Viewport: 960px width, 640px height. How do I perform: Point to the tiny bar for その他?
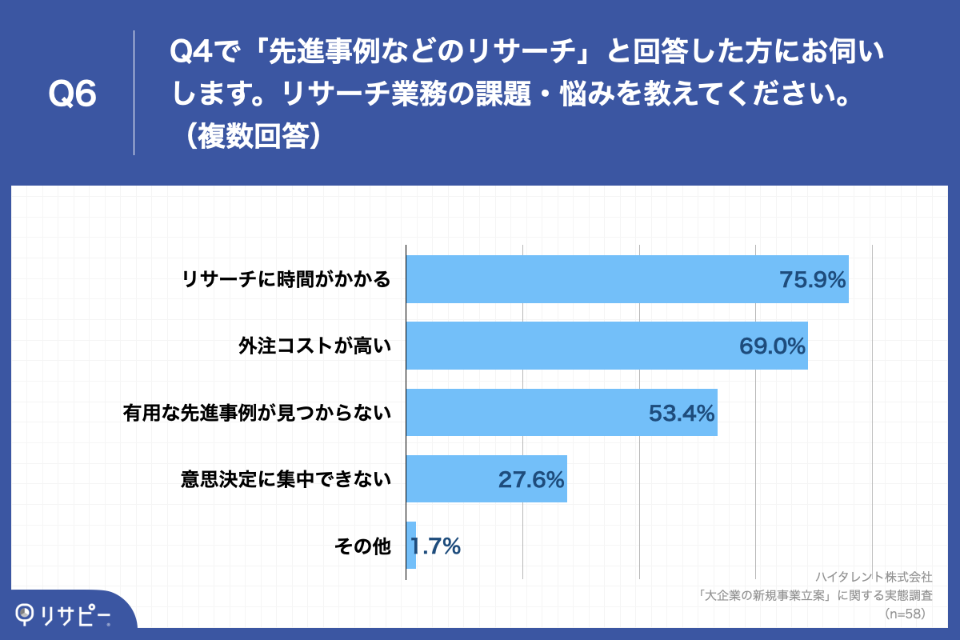[x=411, y=546]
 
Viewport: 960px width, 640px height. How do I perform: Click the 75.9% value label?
[x=812, y=280]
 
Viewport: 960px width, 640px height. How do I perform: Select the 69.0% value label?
[x=771, y=346]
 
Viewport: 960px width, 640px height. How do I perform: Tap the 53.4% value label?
[x=681, y=413]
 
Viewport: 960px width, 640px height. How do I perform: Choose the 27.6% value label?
[x=531, y=479]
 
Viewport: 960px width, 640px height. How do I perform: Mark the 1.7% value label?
[x=436, y=546]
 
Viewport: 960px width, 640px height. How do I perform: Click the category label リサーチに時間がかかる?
[x=286, y=280]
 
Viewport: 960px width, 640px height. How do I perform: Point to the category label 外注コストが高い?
[x=314, y=346]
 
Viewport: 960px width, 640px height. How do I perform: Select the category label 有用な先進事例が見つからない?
[x=257, y=413]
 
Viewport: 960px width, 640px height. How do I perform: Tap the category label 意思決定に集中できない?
[x=286, y=479]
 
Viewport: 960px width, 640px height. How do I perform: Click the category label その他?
[x=362, y=546]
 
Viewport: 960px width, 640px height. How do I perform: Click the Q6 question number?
[x=72, y=94]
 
